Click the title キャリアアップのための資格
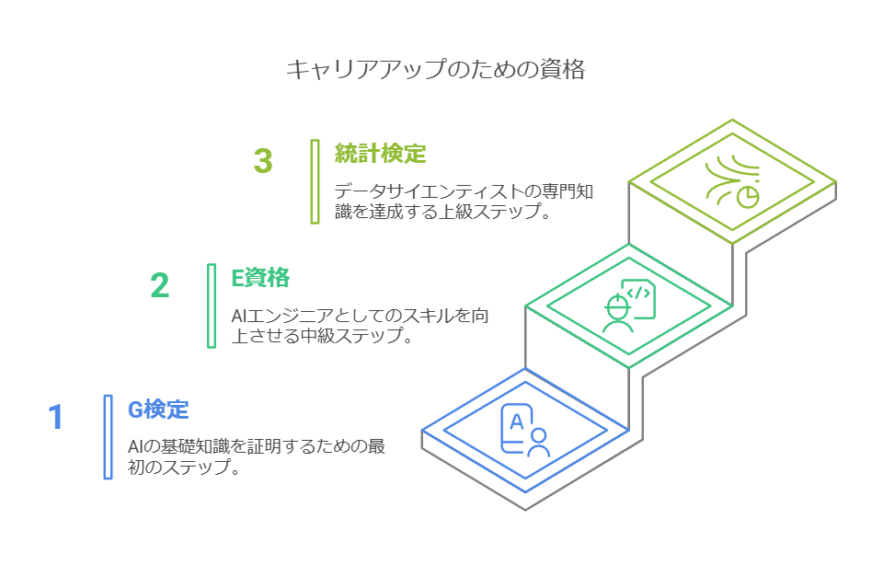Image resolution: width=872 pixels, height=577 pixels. [x=435, y=70]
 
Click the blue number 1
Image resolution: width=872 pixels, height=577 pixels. [x=56, y=418]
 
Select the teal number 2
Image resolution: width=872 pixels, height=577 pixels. [x=160, y=286]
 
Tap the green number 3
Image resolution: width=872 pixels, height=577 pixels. [x=263, y=161]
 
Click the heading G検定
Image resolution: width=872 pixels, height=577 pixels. [x=158, y=409]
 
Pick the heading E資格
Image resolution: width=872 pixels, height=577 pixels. [x=260, y=277]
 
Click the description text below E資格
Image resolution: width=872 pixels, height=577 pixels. [x=359, y=326]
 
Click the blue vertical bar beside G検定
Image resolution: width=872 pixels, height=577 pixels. [x=109, y=437]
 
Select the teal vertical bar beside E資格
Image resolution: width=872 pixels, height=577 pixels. [x=212, y=306]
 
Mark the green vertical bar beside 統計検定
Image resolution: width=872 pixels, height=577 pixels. [x=315, y=181]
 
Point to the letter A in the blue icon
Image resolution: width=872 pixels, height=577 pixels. [x=516, y=421]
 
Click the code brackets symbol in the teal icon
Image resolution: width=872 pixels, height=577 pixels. [x=641, y=294]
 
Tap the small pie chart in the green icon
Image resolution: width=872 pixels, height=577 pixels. [x=749, y=197]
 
